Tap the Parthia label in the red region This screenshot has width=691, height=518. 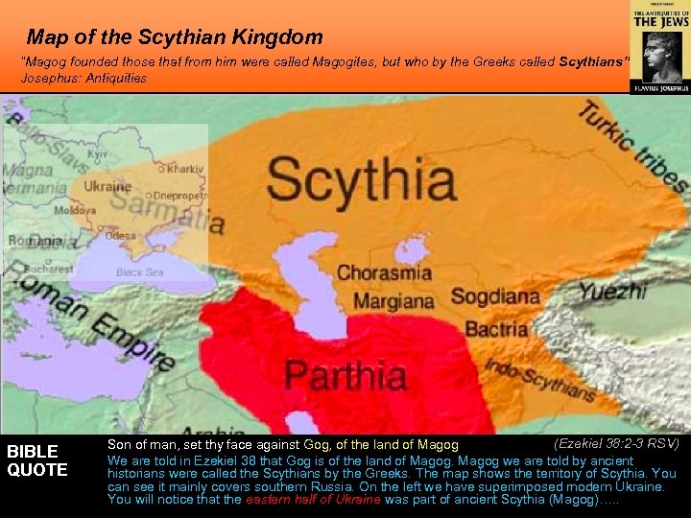pyautogui.click(x=345, y=373)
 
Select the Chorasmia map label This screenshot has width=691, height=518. pyautogui.click(x=384, y=272)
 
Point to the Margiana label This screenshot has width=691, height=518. pyautogui.click(x=393, y=301)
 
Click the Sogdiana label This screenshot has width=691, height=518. pyautogui.click(x=495, y=296)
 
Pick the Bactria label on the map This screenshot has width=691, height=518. pyautogui.click(x=496, y=329)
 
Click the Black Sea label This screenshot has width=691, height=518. pyautogui.click(x=140, y=272)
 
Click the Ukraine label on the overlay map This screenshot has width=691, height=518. pyautogui.click(x=107, y=186)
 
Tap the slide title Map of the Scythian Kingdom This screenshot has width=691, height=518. pyautogui.click(x=175, y=38)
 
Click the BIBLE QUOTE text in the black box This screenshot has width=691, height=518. pyautogui.click(x=37, y=460)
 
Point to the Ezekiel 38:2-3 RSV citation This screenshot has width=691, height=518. pyautogui.click(x=616, y=443)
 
